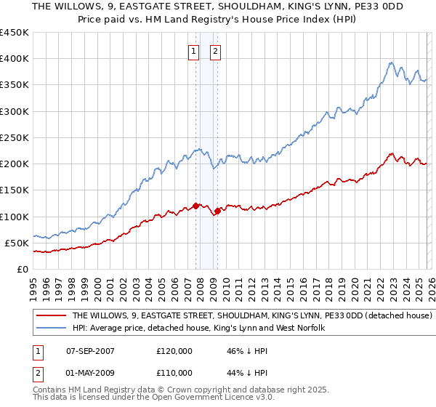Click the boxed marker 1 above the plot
click(195, 51)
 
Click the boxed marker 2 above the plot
click(217, 51)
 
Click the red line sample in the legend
click(50, 316)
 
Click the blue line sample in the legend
click(50, 329)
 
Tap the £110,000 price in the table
click(174, 373)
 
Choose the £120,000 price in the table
click(174, 351)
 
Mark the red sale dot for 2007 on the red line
click(195, 206)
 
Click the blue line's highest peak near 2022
click(391, 63)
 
